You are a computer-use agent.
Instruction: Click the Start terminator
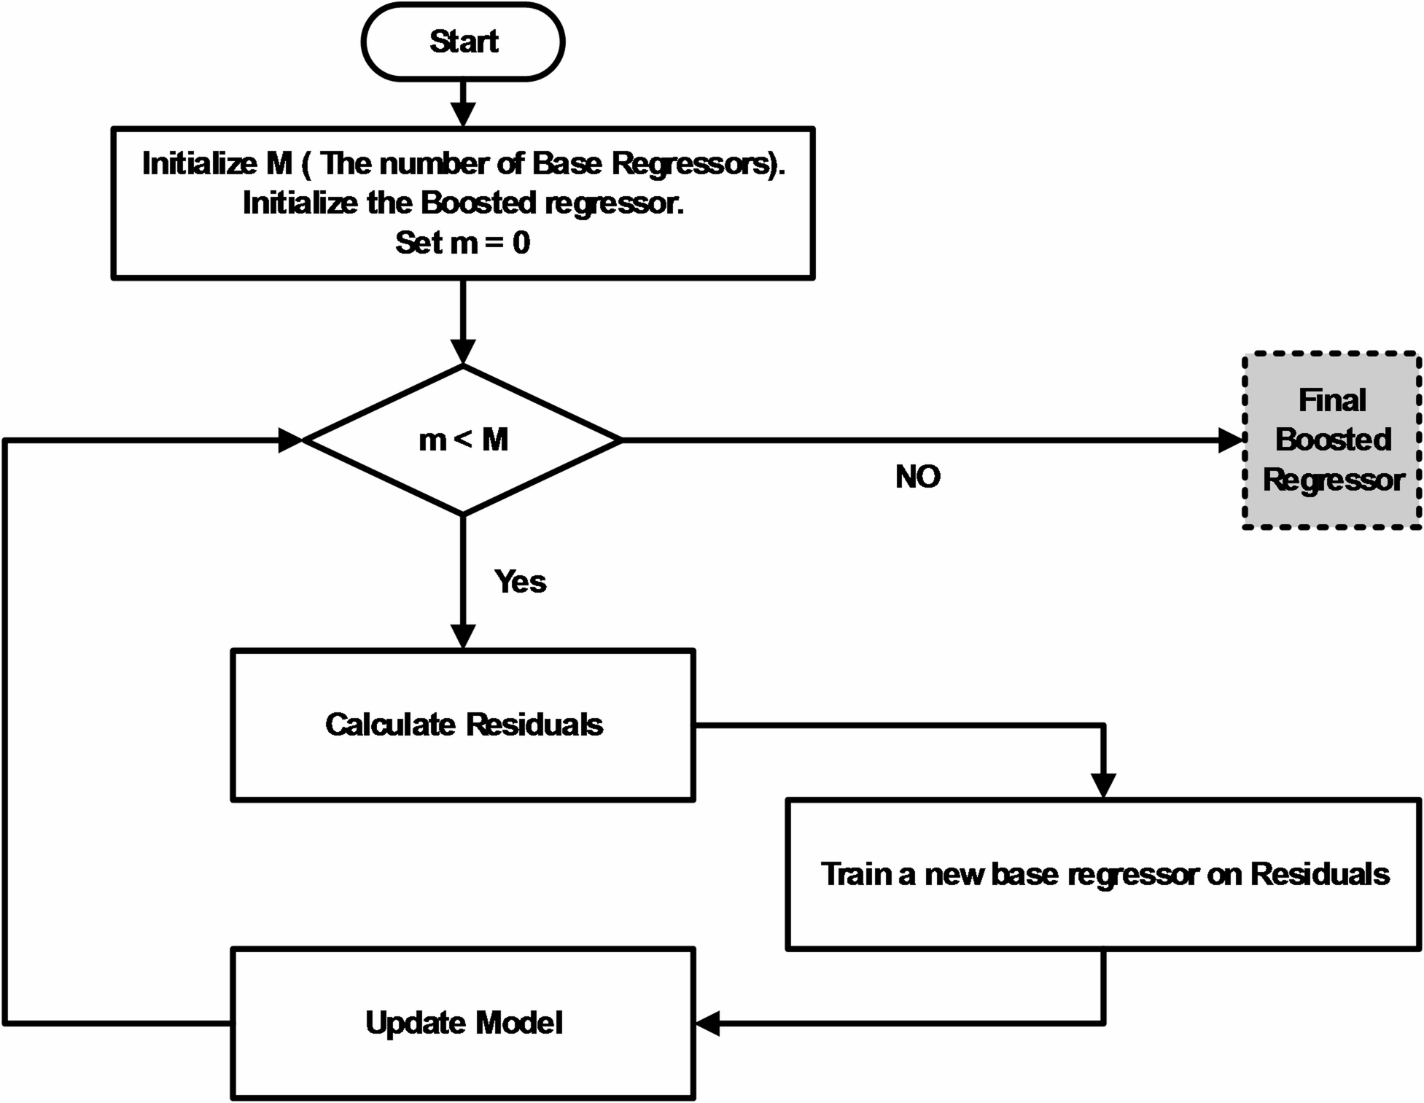coord(463,42)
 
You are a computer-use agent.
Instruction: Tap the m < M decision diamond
coord(463,440)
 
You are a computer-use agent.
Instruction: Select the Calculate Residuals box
coord(463,725)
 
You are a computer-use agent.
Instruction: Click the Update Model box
coord(463,1023)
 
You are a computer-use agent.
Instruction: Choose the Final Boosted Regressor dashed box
coord(1332,440)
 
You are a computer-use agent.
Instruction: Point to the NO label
coord(917,477)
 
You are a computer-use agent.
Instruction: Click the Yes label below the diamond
coord(520,582)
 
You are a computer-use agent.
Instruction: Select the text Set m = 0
coord(462,243)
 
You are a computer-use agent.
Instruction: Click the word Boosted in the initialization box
coord(478,203)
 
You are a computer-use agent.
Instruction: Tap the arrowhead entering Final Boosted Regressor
coord(1231,440)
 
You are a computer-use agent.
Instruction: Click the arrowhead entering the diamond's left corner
coord(290,440)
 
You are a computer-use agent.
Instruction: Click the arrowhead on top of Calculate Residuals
coord(463,636)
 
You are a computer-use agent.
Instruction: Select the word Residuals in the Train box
coord(1320,874)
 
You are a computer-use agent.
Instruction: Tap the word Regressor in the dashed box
coord(1333,480)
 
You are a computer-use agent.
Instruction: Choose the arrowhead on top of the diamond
coord(463,352)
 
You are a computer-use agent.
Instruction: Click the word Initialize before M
coord(199,163)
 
